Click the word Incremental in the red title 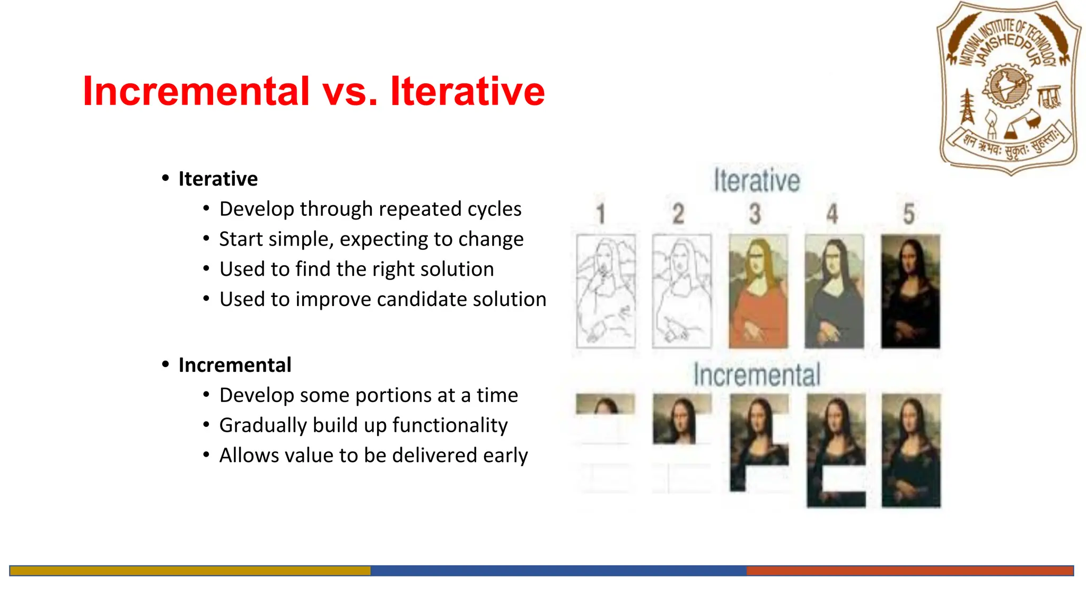point(196,91)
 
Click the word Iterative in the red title point(467,91)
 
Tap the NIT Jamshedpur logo point(1010,88)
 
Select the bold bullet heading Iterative point(218,179)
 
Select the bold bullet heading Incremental point(235,365)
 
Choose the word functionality point(450,425)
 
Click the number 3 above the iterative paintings point(755,214)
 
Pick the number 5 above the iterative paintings point(909,214)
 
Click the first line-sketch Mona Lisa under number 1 point(606,291)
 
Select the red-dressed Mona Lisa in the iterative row point(758,291)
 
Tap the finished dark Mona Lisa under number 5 point(910,291)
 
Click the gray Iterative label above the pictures point(756,180)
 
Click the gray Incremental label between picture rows point(757,374)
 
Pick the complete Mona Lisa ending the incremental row point(911,450)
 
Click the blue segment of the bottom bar point(558,571)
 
